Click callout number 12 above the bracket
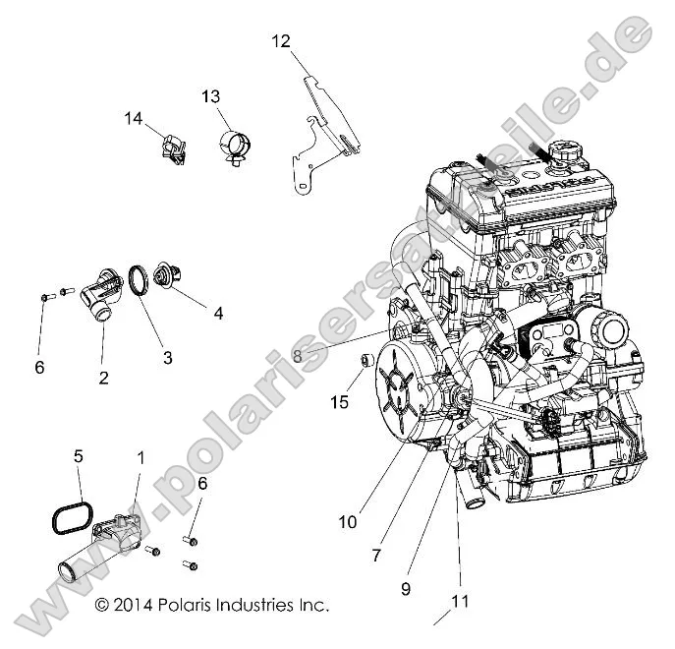tap(281, 40)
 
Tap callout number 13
tap(211, 96)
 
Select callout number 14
tap(134, 118)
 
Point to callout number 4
tap(218, 314)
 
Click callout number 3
tap(167, 358)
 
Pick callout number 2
tap(103, 377)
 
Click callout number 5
tap(79, 456)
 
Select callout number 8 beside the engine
tap(298, 358)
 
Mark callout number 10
tap(348, 522)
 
